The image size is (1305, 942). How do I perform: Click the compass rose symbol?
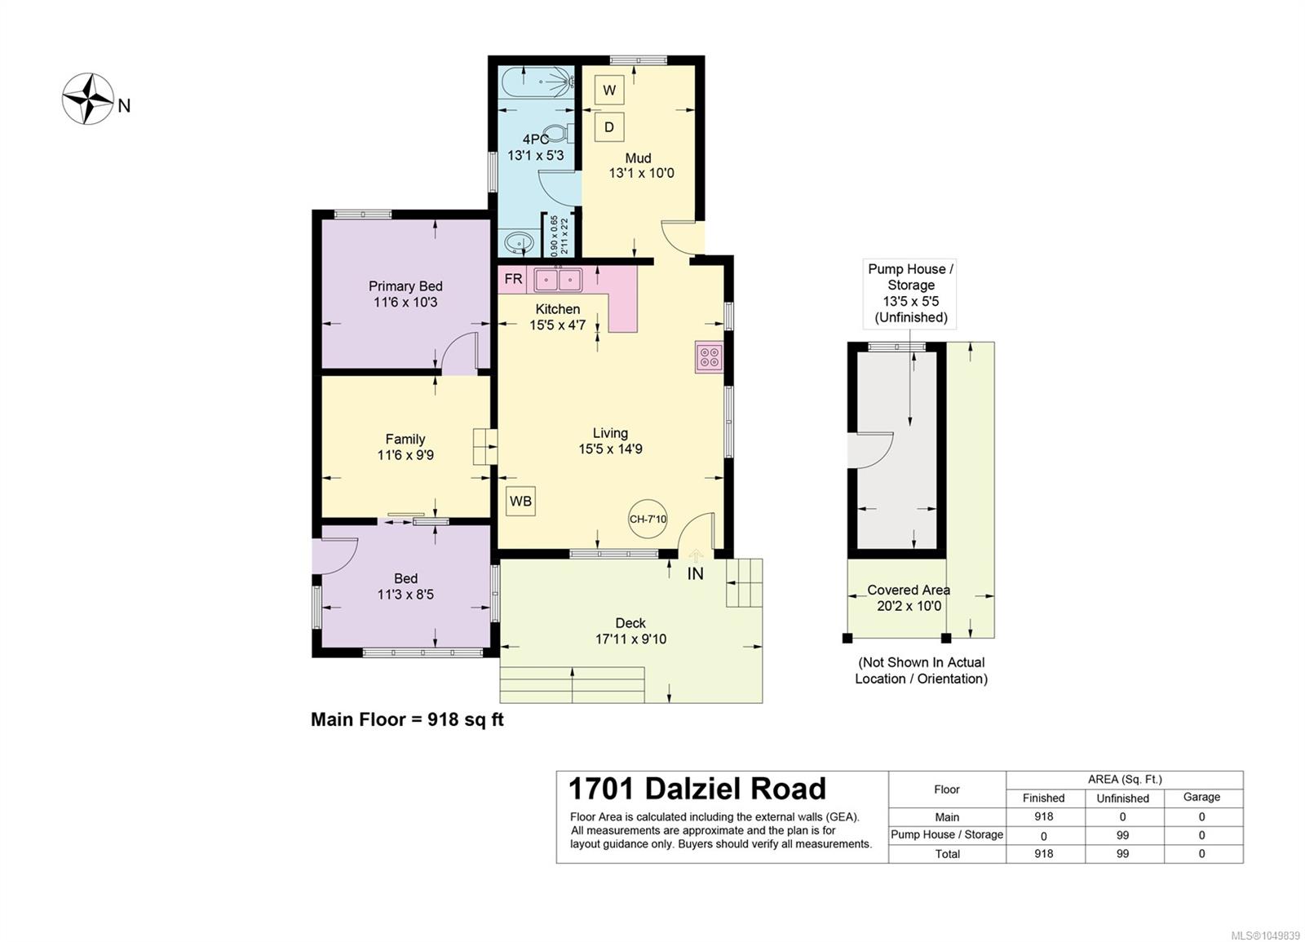(x=88, y=99)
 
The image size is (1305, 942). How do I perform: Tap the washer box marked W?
(x=608, y=91)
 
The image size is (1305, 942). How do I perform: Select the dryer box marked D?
(x=608, y=127)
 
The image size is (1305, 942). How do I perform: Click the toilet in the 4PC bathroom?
(x=557, y=135)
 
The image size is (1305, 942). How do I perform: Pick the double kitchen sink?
(x=558, y=281)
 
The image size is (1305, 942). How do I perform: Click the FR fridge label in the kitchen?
(x=513, y=279)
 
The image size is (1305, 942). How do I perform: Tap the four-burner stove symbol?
(x=709, y=356)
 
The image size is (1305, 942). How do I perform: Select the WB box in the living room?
(x=520, y=501)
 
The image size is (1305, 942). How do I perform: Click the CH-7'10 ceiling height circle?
(x=648, y=519)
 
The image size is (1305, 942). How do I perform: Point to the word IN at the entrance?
(x=695, y=574)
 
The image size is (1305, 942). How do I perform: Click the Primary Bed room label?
(x=405, y=286)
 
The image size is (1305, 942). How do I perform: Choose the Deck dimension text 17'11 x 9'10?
(x=631, y=639)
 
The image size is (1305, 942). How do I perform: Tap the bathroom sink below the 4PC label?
(x=516, y=241)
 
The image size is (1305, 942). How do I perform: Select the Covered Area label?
(x=909, y=590)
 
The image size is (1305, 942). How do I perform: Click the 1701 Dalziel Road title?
(x=697, y=789)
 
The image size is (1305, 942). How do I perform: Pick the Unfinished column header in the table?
(x=1122, y=798)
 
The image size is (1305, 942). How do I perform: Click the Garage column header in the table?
(x=1201, y=798)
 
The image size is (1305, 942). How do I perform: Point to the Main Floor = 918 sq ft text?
(x=407, y=720)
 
